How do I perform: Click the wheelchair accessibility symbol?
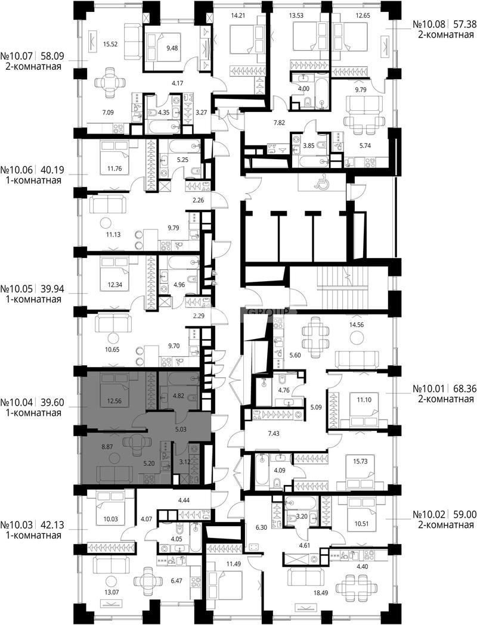(x=320, y=183)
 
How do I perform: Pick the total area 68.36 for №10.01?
(x=463, y=388)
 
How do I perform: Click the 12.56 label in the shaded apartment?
(x=114, y=402)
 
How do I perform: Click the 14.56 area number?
(x=357, y=325)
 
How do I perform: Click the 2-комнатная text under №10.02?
(x=446, y=525)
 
